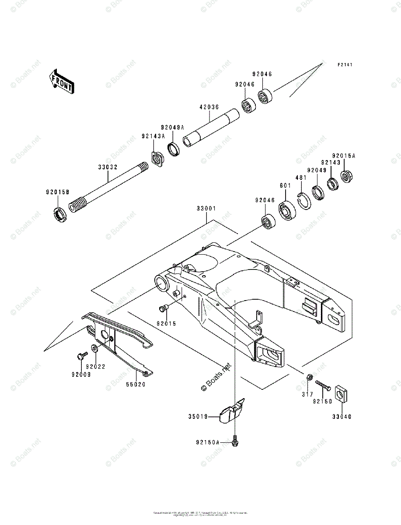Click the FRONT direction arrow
point(61,81)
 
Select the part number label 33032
point(108,167)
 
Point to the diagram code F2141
point(345,65)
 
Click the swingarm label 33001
point(206,209)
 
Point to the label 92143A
point(153,136)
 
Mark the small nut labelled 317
point(308,377)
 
